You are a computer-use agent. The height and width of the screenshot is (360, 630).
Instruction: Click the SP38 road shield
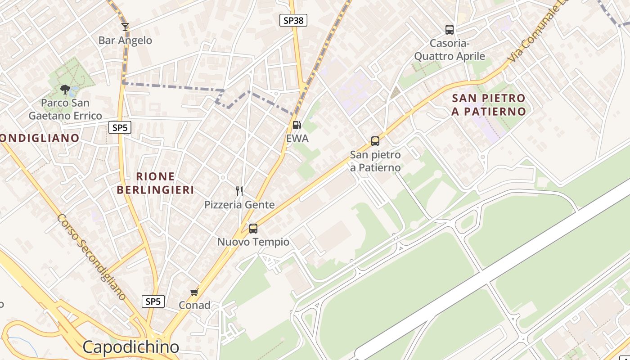[293, 20]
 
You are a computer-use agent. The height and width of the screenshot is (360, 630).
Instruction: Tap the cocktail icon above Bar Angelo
[125, 27]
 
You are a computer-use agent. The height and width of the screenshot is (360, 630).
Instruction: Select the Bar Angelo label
[125, 40]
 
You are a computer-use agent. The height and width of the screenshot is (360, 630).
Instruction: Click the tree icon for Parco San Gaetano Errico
[65, 89]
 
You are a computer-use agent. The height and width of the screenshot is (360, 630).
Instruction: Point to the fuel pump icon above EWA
[297, 125]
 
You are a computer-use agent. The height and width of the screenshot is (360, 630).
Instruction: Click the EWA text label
[297, 139]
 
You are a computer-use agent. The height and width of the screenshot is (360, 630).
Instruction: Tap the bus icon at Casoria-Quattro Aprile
[449, 30]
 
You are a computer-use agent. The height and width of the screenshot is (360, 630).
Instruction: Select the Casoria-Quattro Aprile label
[450, 50]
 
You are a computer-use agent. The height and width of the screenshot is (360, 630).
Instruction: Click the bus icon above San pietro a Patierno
[375, 141]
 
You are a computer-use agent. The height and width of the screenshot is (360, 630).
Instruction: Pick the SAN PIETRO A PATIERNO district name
[489, 105]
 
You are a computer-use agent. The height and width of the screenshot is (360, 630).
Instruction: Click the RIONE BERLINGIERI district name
[155, 183]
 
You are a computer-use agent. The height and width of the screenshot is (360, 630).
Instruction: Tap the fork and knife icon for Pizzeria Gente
[239, 191]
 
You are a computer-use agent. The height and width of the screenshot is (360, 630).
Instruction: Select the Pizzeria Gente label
[239, 205]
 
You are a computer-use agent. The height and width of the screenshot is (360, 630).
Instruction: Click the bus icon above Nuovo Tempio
[253, 229]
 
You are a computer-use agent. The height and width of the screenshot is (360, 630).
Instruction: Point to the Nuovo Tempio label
[253, 242]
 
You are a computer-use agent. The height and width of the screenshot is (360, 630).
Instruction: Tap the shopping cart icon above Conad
[194, 292]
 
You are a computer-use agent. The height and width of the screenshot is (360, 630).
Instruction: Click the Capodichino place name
[131, 347]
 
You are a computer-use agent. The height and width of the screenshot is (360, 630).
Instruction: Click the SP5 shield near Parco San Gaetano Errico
[120, 128]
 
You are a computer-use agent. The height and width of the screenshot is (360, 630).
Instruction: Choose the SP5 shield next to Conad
[153, 301]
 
